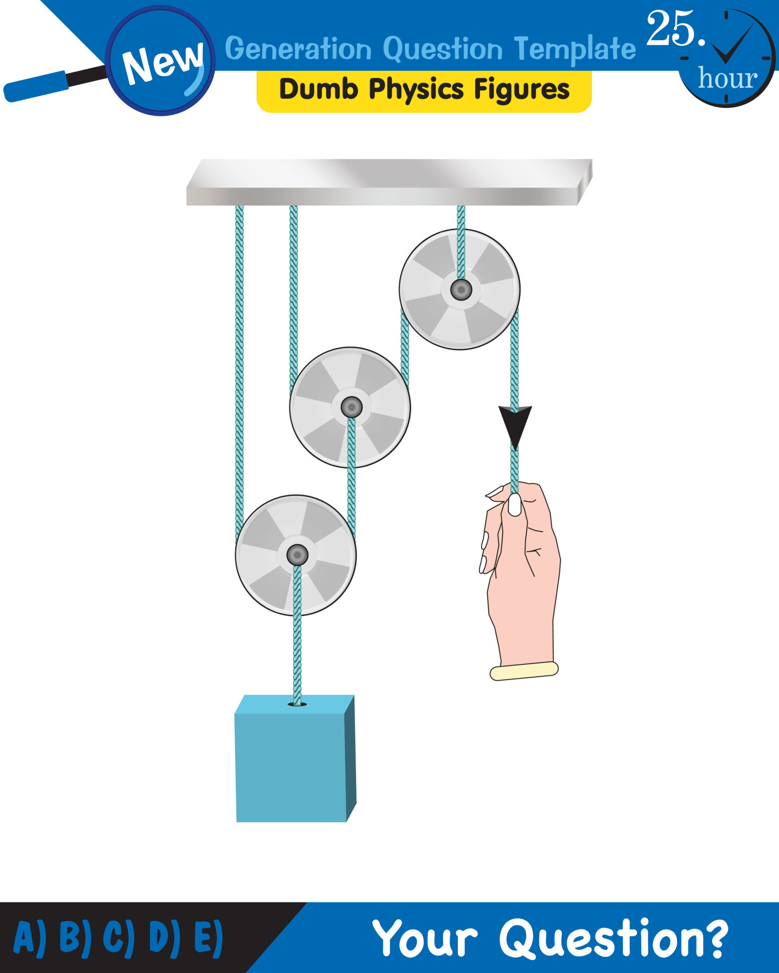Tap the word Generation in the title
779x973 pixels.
tap(298, 49)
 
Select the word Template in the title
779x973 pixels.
tap(574, 49)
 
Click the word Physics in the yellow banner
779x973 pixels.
tap(416, 90)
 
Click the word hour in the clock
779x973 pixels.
tap(727, 79)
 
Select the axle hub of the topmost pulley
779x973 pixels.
tap(461, 290)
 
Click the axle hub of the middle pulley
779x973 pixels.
tap(351, 407)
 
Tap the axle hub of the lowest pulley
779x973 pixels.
tap(297, 555)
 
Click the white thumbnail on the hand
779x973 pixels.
tap(514, 505)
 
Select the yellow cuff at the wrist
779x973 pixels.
tap(524, 671)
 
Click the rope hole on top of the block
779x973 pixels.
tap(297, 704)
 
